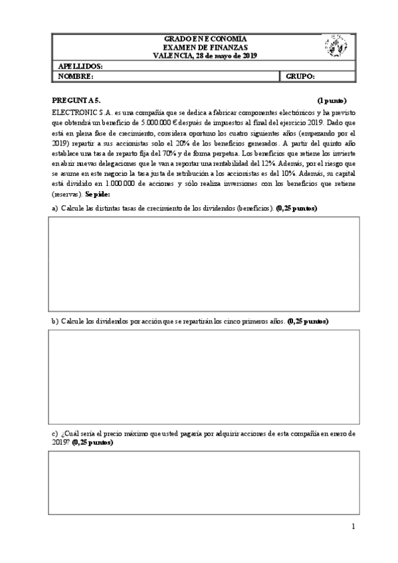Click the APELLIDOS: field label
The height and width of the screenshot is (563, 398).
(x=80, y=67)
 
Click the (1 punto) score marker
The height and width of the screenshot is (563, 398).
(x=331, y=100)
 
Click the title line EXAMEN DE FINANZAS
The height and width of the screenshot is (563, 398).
(x=204, y=47)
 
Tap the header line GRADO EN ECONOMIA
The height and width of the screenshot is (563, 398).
(x=204, y=39)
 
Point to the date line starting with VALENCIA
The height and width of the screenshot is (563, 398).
(x=204, y=56)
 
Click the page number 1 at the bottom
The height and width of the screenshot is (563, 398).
(x=354, y=527)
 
